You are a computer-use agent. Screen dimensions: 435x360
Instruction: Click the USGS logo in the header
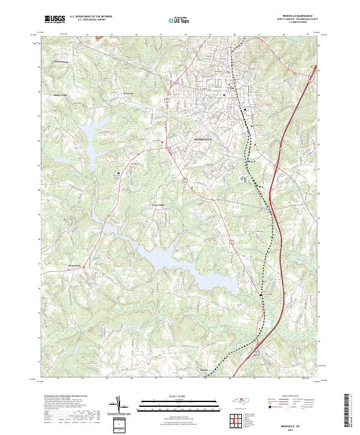[x=55, y=19]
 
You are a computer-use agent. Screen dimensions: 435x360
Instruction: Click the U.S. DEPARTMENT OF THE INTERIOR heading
[x=91, y=17]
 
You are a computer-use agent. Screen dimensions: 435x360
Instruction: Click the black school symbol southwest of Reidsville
[x=118, y=173]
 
